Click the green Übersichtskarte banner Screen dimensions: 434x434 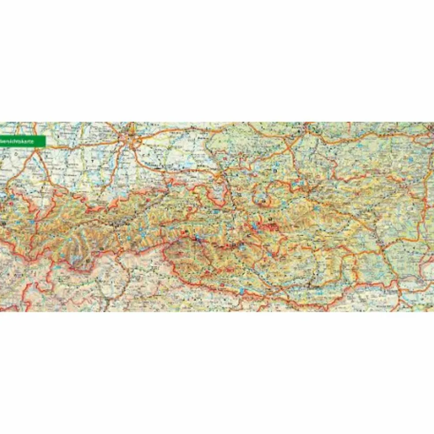(x=22, y=142)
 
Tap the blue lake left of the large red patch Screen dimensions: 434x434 (x=254, y=228)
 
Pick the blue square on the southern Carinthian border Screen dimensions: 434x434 (x=242, y=291)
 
